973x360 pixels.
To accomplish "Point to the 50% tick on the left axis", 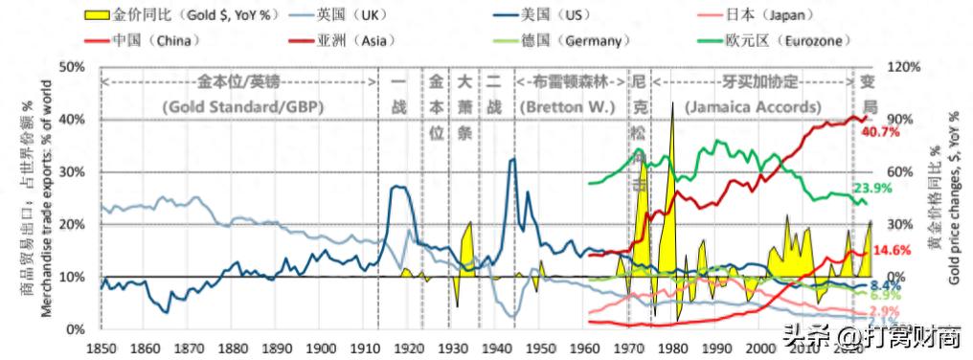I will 74,67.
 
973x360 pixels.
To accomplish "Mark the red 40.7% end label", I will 880,132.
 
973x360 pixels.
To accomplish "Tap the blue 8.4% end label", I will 885,285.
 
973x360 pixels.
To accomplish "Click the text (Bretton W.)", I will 567,106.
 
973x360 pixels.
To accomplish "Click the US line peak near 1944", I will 513,159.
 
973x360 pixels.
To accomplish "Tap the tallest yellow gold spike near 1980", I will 673,103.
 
